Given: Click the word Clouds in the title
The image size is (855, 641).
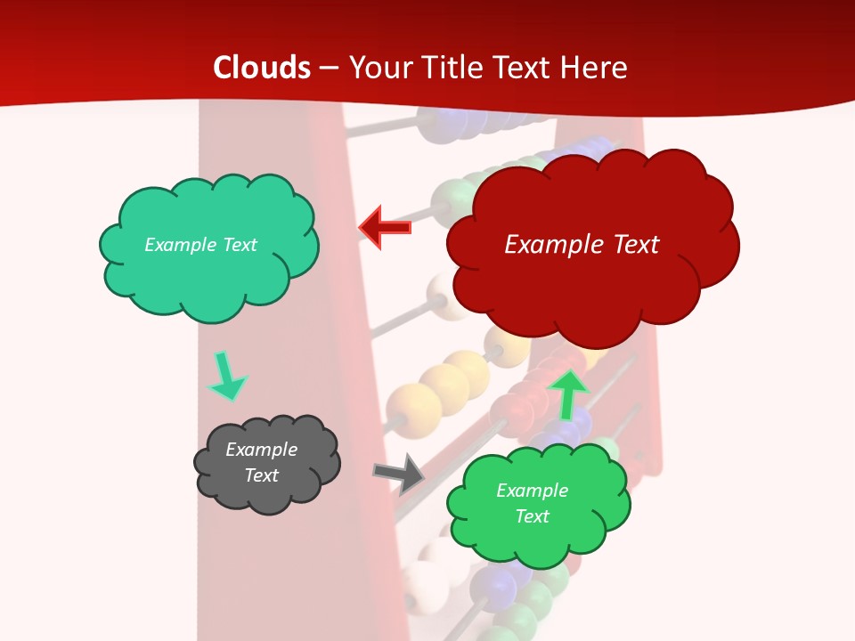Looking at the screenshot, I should click(x=262, y=68).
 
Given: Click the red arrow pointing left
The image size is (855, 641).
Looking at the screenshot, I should click(x=384, y=227).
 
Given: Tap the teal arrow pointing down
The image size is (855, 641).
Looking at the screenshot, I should click(x=227, y=377).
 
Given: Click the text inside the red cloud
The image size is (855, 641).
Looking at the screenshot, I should click(x=582, y=244).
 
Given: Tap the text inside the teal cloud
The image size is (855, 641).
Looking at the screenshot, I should click(x=200, y=245).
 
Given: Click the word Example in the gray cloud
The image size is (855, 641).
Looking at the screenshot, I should click(x=261, y=450).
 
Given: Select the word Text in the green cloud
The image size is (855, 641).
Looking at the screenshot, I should click(x=532, y=516).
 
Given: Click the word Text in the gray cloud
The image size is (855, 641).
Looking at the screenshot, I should click(x=261, y=475).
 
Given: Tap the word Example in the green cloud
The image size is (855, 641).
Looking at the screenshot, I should click(x=532, y=491).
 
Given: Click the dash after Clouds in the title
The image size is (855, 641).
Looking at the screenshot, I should click(x=329, y=68).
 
